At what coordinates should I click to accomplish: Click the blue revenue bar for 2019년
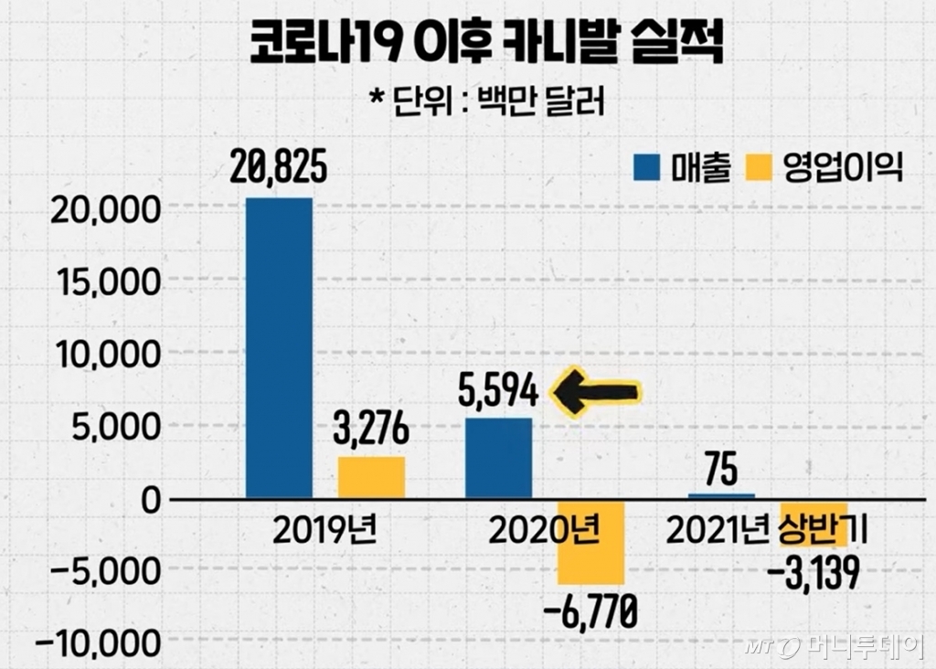click(x=279, y=347)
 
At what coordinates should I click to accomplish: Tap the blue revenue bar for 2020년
click(x=498, y=457)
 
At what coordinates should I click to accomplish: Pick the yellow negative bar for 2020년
click(x=590, y=544)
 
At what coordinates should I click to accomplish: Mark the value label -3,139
click(x=814, y=576)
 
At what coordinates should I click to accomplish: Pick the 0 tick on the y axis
click(x=150, y=499)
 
